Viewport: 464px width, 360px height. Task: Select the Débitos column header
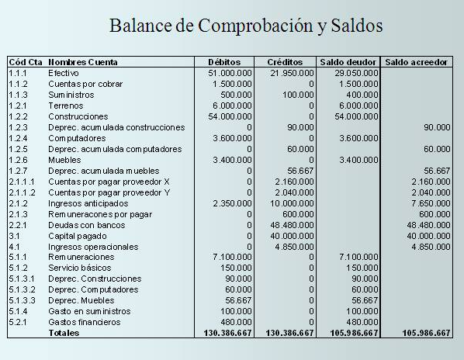pyautogui.click(x=224, y=61)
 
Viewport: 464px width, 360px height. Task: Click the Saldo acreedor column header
pyautogui.click(x=417, y=61)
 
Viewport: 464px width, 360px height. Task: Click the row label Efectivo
pyautogui.click(x=63, y=72)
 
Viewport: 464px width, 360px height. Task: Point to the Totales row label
pyautogui.click(x=64, y=333)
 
